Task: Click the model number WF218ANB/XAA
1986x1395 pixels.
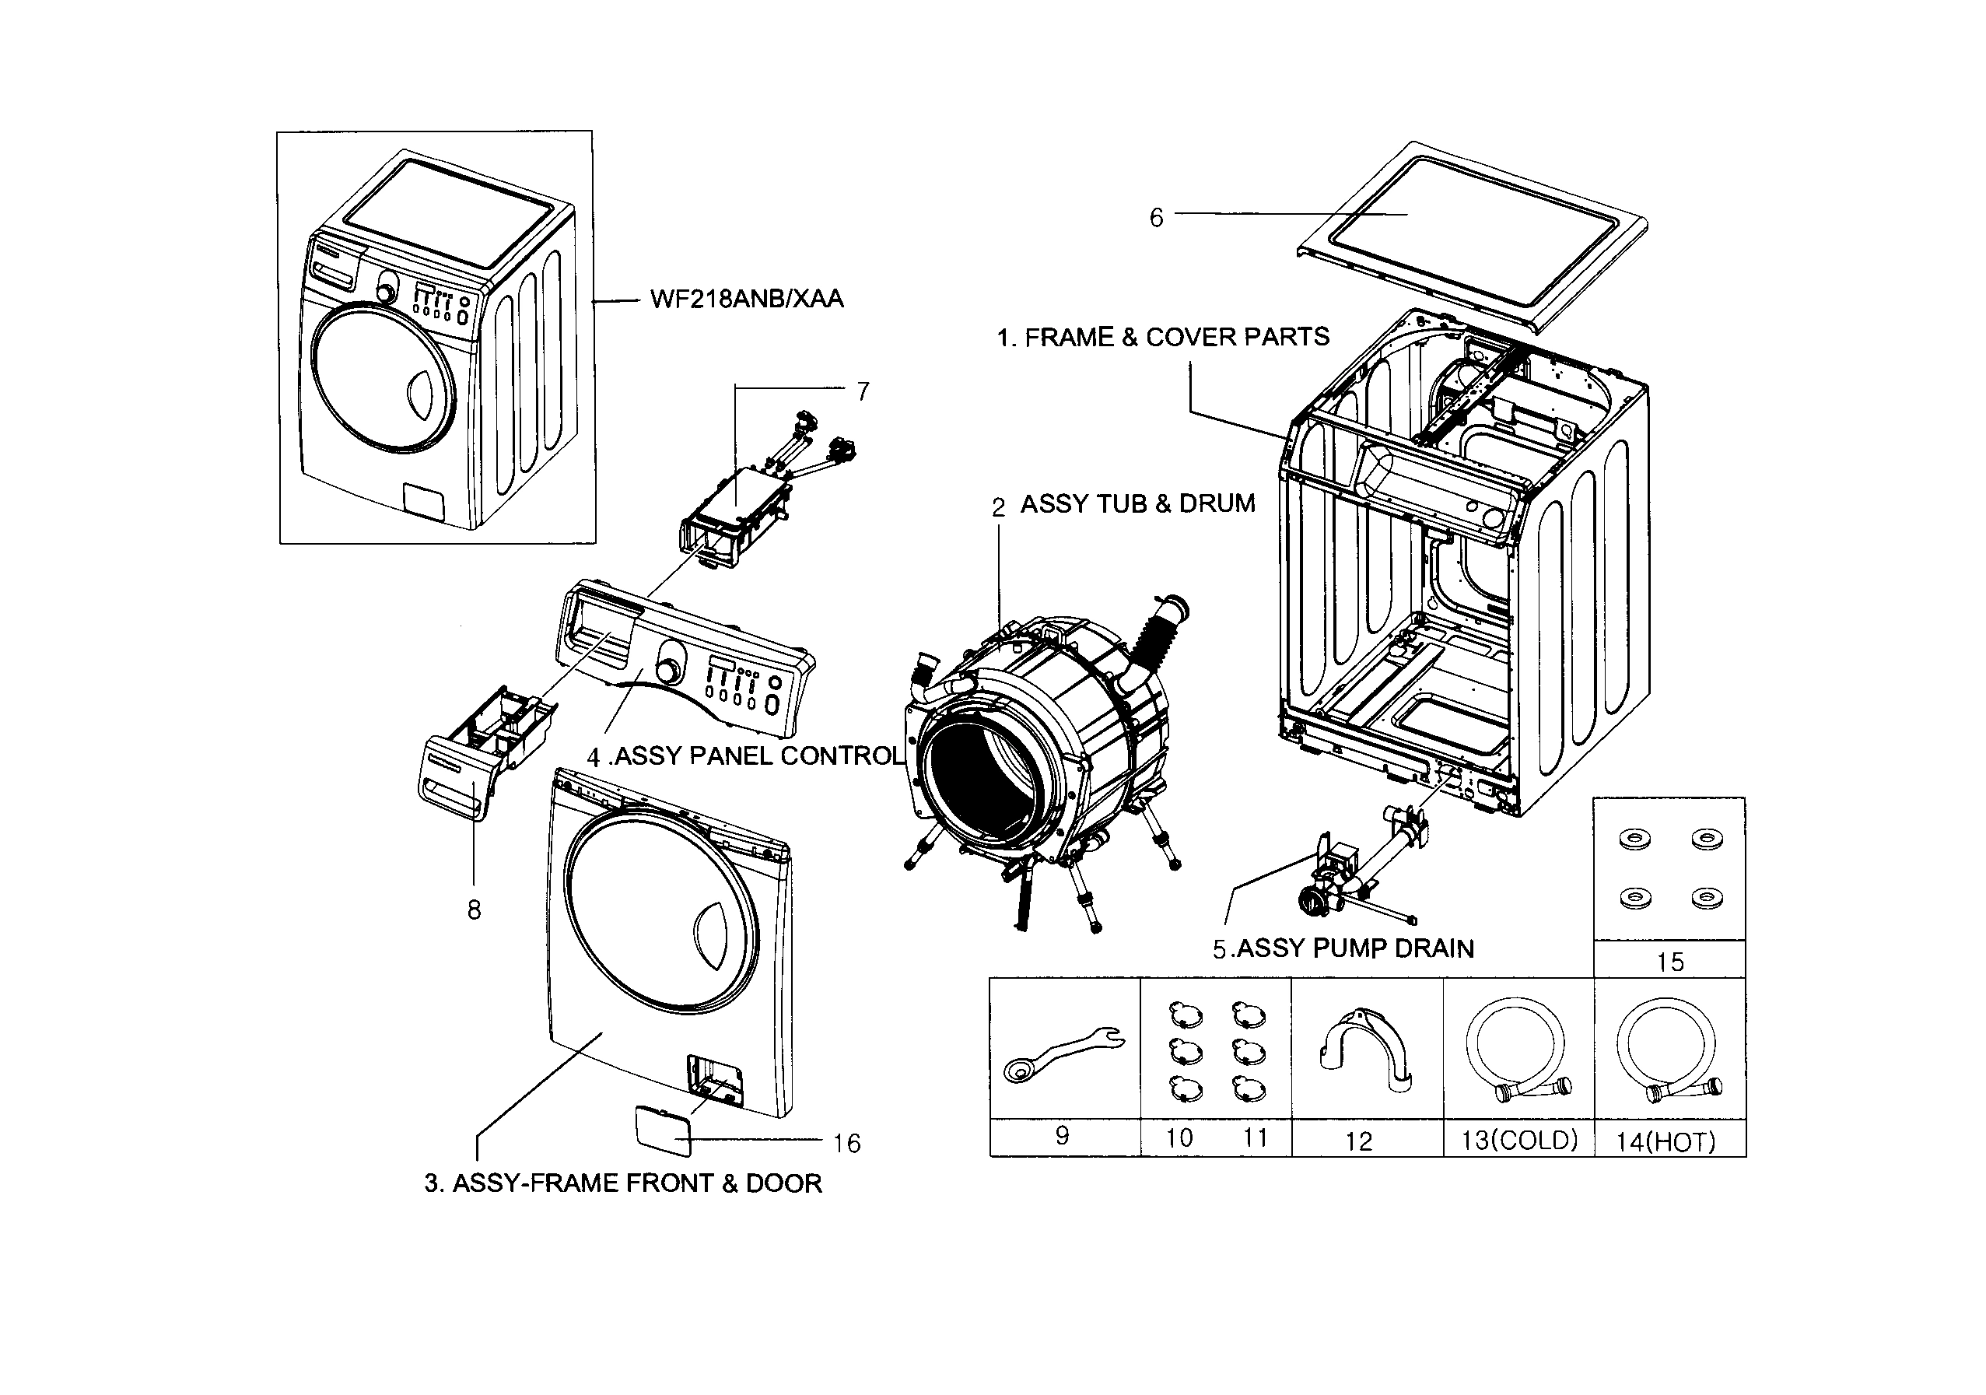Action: coord(745,300)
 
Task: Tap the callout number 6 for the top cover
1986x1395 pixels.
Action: coord(1156,218)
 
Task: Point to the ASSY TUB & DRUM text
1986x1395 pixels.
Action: coord(1137,503)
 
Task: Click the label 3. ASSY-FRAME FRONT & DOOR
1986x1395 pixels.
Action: coord(623,1183)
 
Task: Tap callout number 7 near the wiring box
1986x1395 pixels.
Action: coord(863,392)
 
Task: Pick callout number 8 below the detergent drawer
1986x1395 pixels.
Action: coord(473,910)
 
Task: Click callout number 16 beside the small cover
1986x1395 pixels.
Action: coord(847,1144)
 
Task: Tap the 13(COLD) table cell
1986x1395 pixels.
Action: coord(1519,1140)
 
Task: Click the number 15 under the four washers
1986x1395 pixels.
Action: coord(1669,962)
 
